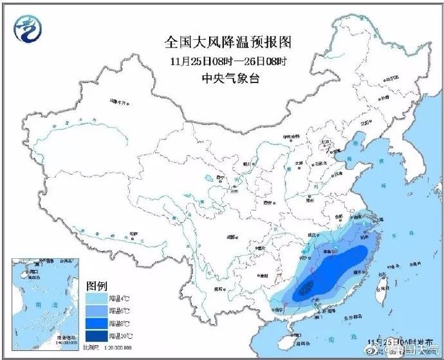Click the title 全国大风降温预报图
tap(228, 43)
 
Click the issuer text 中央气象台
tap(228, 79)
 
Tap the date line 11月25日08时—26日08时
tap(228, 61)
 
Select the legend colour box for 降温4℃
tap(96, 298)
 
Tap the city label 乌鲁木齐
tap(120, 101)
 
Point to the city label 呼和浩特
tap(291, 137)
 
